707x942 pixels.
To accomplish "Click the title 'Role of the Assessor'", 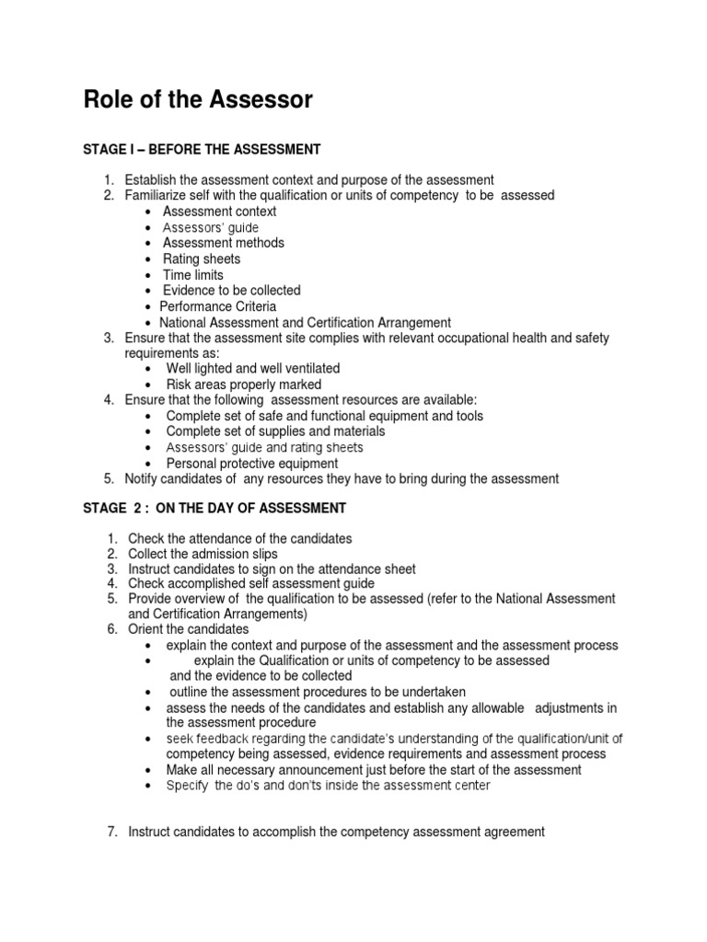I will click(x=198, y=100).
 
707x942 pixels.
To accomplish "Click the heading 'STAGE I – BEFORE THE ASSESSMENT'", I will click(x=202, y=149).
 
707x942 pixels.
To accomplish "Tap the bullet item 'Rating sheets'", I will click(x=202, y=259).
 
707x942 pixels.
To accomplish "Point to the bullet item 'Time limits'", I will click(x=193, y=275).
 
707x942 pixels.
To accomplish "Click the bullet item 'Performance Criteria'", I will click(x=218, y=306).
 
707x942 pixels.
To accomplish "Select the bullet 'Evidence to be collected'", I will click(x=231, y=291).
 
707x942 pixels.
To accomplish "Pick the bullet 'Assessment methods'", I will click(x=224, y=243).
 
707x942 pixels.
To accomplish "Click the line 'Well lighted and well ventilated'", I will click(x=252, y=369).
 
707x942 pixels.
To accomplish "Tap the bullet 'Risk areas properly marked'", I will click(x=244, y=385).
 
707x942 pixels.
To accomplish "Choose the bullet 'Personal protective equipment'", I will click(x=252, y=464).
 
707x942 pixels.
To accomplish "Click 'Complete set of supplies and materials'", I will click(x=275, y=431).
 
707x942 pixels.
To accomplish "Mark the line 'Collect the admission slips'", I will click(x=203, y=554).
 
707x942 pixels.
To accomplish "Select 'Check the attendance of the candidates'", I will click(x=239, y=538).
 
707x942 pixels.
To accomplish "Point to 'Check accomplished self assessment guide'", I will click(x=251, y=584).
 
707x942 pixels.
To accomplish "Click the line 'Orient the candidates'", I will click(x=189, y=629).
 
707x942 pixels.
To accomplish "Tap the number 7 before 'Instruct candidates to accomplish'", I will click(x=112, y=833).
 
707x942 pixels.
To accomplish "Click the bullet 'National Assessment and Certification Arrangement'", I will click(x=306, y=322).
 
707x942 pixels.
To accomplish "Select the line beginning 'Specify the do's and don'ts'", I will click(x=328, y=786).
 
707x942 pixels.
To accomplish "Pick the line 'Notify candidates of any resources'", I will click(x=342, y=479).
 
